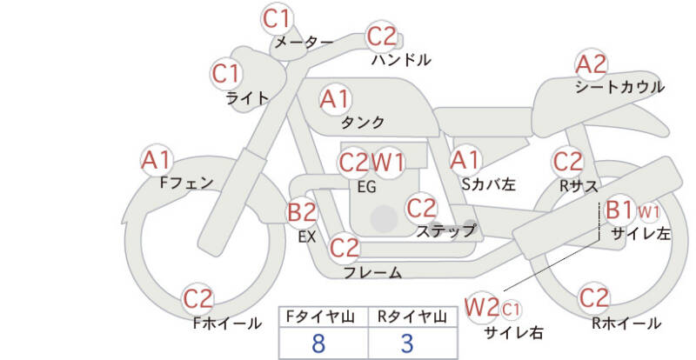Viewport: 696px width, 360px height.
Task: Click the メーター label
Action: click(304, 42)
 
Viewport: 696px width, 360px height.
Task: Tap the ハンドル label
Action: click(401, 59)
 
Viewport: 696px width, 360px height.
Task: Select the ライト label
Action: click(247, 98)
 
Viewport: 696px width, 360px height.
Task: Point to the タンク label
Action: click(363, 122)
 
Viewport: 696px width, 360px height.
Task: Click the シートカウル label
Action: click(619, 87)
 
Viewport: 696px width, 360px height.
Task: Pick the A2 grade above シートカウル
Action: click(591, 64)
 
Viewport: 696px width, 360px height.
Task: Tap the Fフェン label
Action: click(186, 183)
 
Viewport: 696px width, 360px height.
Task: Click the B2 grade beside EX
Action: click(302, 211)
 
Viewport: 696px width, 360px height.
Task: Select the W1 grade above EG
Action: click(388, 163)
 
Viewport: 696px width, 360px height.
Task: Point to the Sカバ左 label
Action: click(488, 183)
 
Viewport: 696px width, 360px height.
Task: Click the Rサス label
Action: click(579, 186)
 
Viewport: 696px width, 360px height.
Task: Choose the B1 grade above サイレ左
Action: click(619, 210)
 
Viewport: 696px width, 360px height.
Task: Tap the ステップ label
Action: click(445, 230)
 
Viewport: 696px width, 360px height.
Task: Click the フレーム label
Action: click(373, 272)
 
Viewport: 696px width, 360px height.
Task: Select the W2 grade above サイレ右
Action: click(482, 306)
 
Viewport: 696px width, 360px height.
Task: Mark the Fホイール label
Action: click(227, 323)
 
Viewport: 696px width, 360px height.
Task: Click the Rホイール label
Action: click(626, 323)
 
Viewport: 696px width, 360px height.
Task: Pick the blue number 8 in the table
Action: click(318, 343)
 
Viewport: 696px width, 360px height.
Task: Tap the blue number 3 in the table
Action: click(407, 343)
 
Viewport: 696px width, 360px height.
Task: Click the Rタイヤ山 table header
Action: click(412, 317)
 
